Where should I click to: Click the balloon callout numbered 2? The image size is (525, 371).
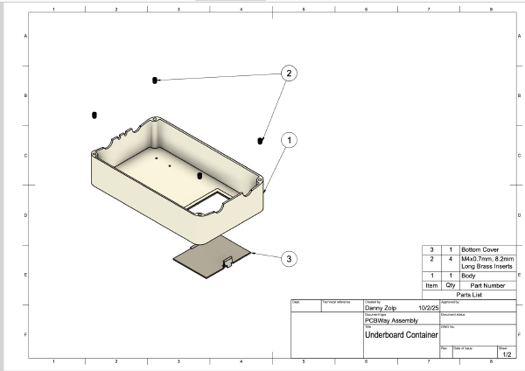(288, 74)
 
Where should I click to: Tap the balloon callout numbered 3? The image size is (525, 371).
(289, 258)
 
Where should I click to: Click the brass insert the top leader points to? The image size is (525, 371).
(155, 80)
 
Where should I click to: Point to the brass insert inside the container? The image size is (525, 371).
(199, 176)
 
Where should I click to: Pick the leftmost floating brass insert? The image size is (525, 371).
(94, 115)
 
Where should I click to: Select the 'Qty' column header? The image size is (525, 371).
(450, 284)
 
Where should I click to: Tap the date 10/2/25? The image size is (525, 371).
(429, 308)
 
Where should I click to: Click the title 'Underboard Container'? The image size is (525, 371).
(400, 335)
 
